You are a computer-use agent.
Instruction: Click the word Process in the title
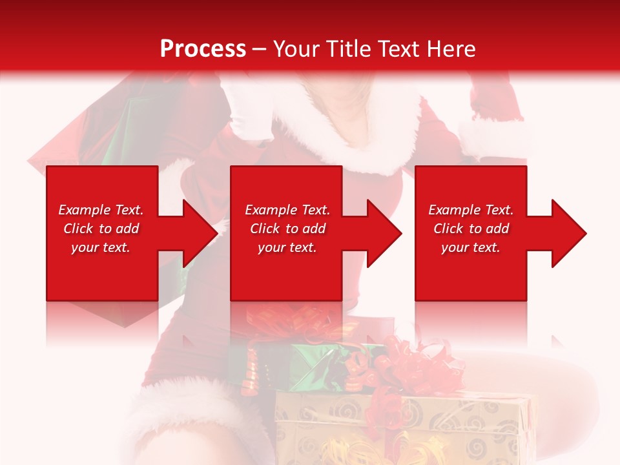coord(203,48)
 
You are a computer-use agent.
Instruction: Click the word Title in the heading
coord(346,48)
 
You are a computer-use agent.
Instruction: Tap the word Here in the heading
coord(450,48)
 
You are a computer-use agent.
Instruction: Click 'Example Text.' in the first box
coord(101,210)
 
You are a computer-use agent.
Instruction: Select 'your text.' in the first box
coord(101,247)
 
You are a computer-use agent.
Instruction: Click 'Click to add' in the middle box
coord(287,229)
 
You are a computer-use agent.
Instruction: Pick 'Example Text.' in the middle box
coord(287,210)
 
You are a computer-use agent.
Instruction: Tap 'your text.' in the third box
coord(471,247)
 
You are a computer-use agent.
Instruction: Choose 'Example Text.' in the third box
coord(471,210)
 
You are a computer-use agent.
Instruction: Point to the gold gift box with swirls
coord(400,426)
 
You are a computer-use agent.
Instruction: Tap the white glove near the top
coord(249,116)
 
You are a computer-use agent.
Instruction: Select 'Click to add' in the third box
coord(471,229)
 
